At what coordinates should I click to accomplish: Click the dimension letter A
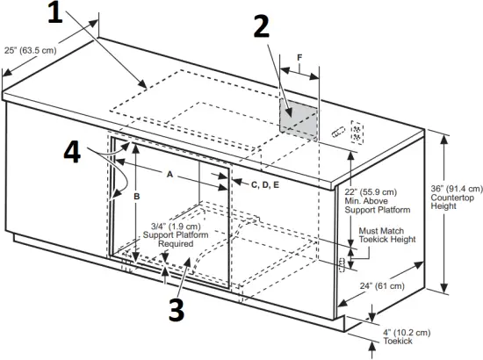click(x=169, y=174)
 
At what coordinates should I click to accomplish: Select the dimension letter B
click(x=136, y=198)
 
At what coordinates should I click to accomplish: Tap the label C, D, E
click(x=265, y=184)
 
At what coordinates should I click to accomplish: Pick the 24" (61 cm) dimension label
click(x=382, y=286)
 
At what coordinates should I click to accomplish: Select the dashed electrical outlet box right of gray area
click(x=356, y=132)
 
